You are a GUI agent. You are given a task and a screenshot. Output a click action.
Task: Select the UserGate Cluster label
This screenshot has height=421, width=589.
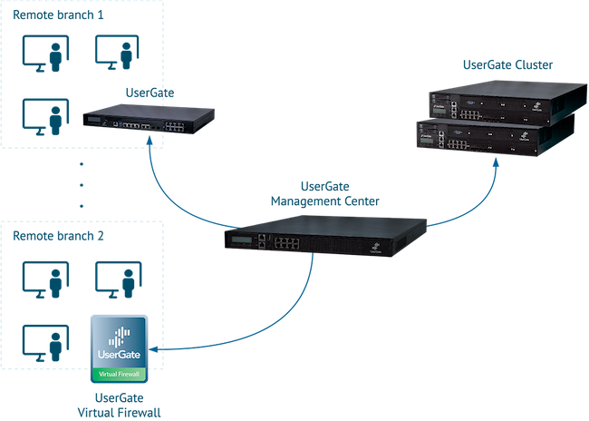(507, 65)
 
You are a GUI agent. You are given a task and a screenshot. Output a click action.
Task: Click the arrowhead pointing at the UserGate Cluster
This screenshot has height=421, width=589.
(496, 162)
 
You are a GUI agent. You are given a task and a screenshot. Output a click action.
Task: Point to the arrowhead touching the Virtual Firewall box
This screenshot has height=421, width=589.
(154, 348)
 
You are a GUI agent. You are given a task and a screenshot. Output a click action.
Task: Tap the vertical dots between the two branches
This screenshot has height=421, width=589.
(81, 185)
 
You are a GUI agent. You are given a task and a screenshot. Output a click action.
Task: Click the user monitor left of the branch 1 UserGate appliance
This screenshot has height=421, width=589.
(46, 117)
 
